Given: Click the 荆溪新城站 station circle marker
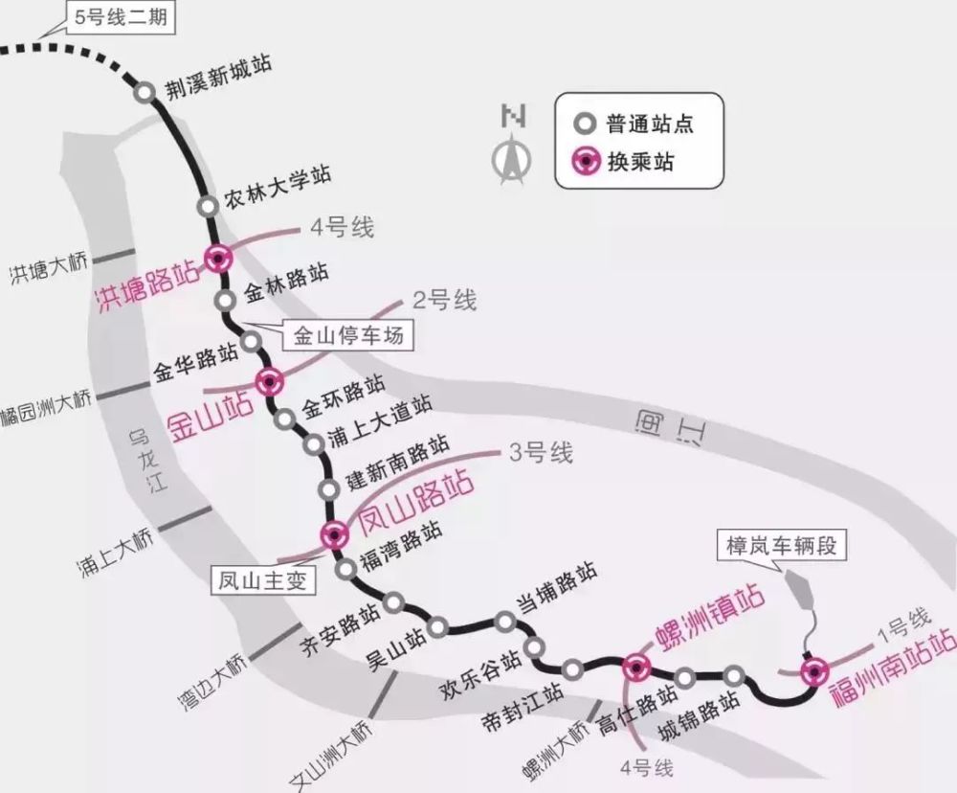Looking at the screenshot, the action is (x=145, y=92).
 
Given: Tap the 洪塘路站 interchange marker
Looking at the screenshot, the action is (x=218, y=259).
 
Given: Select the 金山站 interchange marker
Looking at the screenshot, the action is (x=269, y=382).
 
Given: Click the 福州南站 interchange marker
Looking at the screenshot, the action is (x=814, y=672).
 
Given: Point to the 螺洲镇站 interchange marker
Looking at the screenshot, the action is (x=636, y=667).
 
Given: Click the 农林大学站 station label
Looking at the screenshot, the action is (x=278, y=187).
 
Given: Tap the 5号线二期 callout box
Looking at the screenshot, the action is (x=121, y=17).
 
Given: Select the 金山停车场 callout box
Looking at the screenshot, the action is (x=348, y=335).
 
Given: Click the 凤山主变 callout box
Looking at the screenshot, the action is (x=263, y=579).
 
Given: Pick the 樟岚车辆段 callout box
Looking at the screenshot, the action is (x=781, y=545).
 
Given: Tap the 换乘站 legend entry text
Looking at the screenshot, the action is (x=640, y=162).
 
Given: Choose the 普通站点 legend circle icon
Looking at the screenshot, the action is (x=585, y=124).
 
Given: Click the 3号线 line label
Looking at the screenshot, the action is (x=541, y=453).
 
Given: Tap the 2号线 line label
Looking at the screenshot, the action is (x=444, y=300).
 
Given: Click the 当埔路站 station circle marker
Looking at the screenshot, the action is (x=504, y=622).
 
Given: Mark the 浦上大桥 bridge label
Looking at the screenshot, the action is (x=116, y=553).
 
